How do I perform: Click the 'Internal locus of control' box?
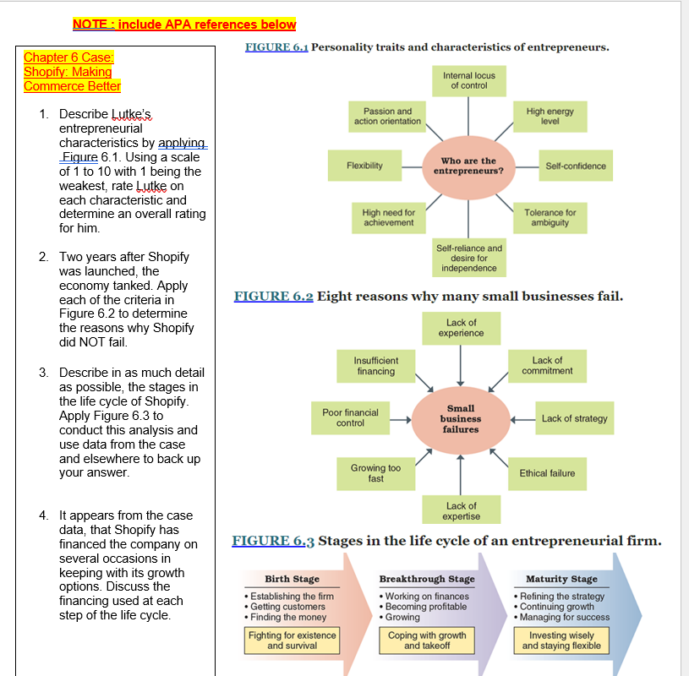[468, 81]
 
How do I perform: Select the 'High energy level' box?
[550, 117]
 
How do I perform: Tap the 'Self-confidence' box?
[576, 166]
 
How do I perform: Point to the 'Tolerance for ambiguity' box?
[550, 218]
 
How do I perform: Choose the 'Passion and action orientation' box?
[387, 117]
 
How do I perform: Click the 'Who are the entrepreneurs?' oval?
[468, 166]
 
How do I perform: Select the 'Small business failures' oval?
[461, 418]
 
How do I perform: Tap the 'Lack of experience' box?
[461, 328]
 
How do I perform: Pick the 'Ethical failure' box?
[547, 473]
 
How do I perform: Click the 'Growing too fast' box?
[375, 473]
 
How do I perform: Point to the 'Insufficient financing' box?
[375, 366]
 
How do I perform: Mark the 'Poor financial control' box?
[350, 418]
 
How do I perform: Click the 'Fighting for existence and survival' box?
[292, 641]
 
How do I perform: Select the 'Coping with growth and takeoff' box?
[427, 641]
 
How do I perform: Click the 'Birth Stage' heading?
[292, 579]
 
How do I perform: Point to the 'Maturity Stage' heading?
[561, 579]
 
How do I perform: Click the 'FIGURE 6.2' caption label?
[273, 297]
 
